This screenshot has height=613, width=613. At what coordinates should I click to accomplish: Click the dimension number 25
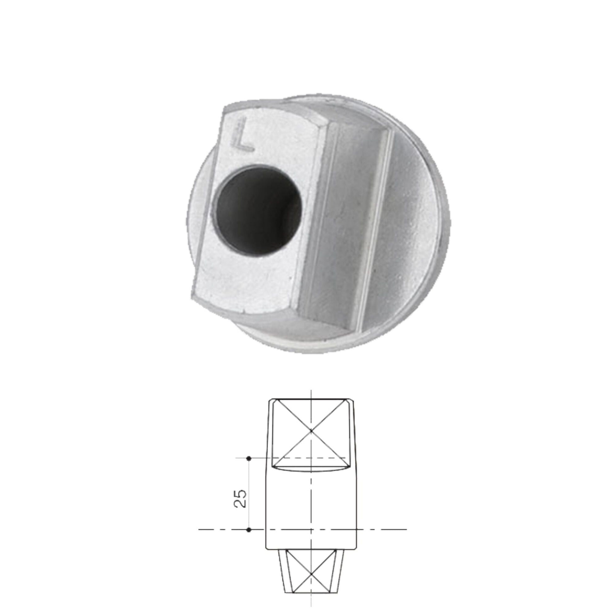(240, 498)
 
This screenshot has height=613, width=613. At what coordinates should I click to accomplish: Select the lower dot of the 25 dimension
(249, 530)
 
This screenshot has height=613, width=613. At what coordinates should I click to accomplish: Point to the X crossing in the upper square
(311, 431)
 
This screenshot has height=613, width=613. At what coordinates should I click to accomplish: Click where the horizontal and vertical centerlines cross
(311, 530)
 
